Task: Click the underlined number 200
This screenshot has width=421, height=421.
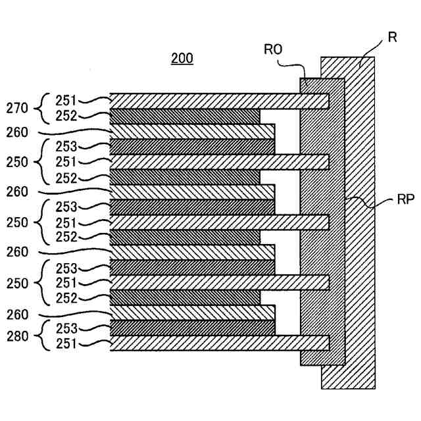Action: point(182,59)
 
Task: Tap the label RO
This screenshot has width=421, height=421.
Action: point(273,49)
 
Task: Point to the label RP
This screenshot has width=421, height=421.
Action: point(406,199)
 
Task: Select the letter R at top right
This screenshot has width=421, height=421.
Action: point(392,37)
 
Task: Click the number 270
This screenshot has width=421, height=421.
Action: point(17,108)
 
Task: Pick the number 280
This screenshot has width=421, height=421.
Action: point(18,336)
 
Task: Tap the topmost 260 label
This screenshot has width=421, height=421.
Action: point(17,132)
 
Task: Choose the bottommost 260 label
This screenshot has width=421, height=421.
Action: point(18,314)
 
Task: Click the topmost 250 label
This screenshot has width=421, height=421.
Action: point(17,162)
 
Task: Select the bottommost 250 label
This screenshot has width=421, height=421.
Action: point(18,284)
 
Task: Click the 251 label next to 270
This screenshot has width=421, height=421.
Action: point(66,101)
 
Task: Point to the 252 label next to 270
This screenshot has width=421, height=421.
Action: point(66,116)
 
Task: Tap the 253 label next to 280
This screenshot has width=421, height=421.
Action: point(66,328)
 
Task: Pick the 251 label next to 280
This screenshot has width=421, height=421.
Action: point(66,343)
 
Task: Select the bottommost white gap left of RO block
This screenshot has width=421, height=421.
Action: point(287,313)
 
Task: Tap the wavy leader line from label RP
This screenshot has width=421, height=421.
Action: point(370,203)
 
